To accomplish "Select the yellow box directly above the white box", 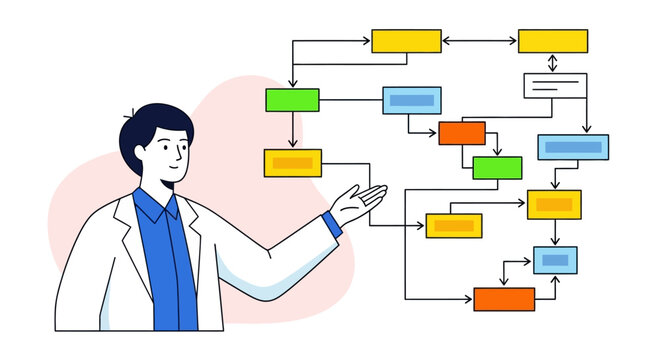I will (x=552, y=41).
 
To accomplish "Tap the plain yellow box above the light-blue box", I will (x=406, y=41).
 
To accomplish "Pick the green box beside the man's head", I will (x=292, y=100).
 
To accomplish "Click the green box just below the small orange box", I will (x=497, y=168).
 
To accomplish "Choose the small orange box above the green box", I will (x=462, y=133).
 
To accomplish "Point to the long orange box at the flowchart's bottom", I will (x=504, y=299).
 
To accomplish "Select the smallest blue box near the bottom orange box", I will (x=555, y=260).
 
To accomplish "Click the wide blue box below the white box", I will (x=573, y=147).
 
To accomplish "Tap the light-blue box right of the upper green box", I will (x=411, y=100).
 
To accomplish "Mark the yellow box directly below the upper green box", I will (x=292, y=163).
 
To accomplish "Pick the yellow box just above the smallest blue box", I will (x=554, y=205).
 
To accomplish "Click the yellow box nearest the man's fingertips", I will (x=454, y=226).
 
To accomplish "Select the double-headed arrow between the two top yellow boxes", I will (x=479, y=41).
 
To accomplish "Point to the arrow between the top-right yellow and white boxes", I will (x=552, y=63).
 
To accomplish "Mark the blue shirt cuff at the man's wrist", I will (x=333, y=224).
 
